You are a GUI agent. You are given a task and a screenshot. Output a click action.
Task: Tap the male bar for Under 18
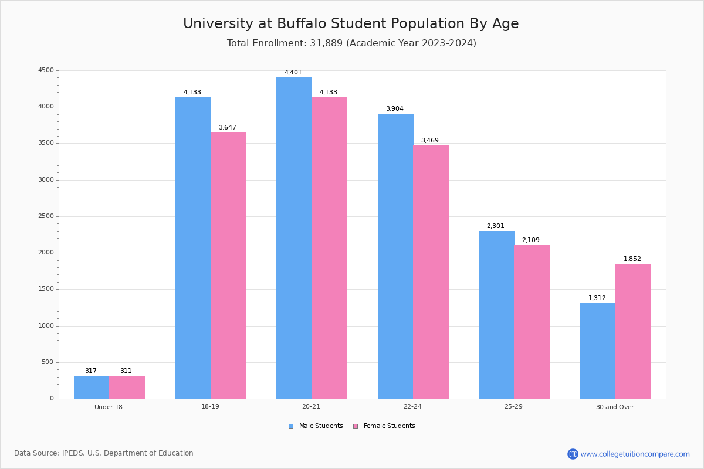click(x=92, y=387)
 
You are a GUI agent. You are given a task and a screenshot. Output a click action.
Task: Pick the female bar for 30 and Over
click(x=633, y=331)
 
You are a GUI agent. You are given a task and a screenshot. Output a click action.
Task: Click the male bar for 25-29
click(x=496, y=315)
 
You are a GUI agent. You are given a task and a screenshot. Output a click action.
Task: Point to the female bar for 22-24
click(x=431, y=272)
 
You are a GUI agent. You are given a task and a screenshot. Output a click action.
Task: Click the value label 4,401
click(x=293, y=73)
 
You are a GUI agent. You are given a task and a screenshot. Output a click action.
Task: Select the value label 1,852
click(x=632, y=259)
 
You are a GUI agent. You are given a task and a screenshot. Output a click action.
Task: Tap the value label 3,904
click(x=394, y=109)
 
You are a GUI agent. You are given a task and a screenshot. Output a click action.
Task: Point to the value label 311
click(x=126, y=371)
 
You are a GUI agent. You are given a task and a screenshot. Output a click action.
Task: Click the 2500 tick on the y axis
click(x=46, y=216)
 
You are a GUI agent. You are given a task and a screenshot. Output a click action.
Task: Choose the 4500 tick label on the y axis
click(x=46, y=70)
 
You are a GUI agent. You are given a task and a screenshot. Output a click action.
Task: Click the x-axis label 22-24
click(x=412, y=407)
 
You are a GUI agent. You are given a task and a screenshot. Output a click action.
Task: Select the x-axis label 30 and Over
click(x=615, y=407)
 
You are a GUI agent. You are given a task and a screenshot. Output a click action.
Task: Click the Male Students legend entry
click(x=320, y=426)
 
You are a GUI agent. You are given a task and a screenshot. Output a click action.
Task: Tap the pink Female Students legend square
click(x=356, y=426)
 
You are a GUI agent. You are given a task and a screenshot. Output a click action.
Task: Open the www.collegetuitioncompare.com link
click(x=635, y=454)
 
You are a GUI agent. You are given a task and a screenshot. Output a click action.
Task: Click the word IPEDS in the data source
click(x=73, y=453)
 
